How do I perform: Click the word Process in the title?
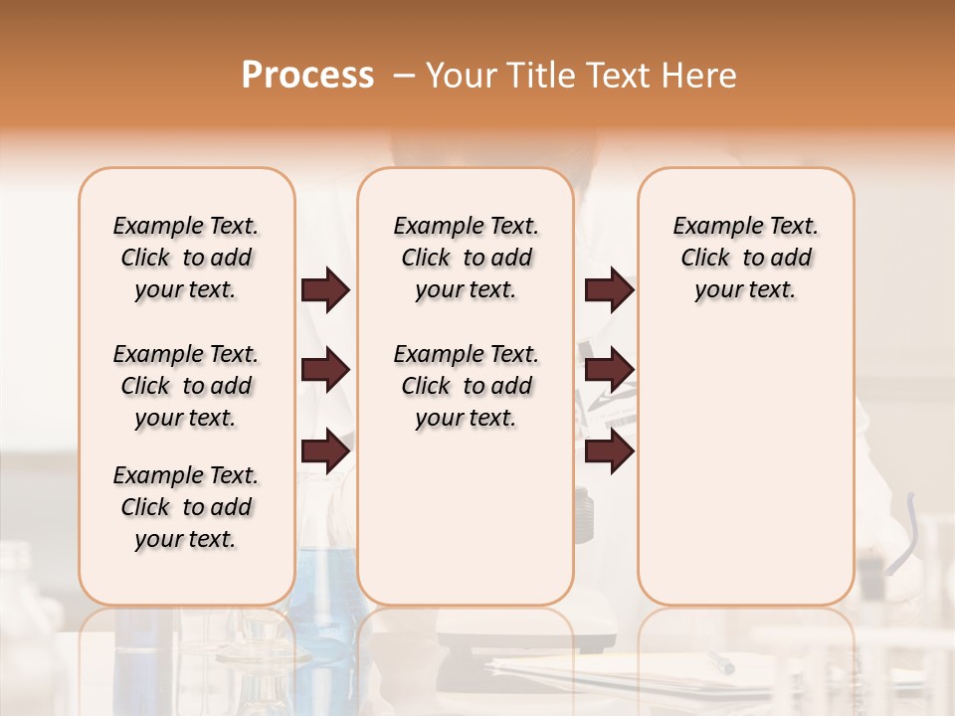click(307, 76)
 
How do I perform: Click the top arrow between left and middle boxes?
click(325, 290)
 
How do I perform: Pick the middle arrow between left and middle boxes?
click(325, 370)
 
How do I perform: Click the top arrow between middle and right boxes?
click(609, 290)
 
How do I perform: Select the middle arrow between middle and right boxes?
click(609, 370)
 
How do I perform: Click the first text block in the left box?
click(186, 258)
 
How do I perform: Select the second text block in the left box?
click(186, 386)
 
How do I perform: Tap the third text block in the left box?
click(186, 507)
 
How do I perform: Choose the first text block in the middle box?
click(466, 258)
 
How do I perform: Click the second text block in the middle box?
click(466, 386)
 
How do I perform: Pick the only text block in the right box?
click(745, 258)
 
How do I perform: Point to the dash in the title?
click(404, 76)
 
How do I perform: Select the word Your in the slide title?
click(463, 76)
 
